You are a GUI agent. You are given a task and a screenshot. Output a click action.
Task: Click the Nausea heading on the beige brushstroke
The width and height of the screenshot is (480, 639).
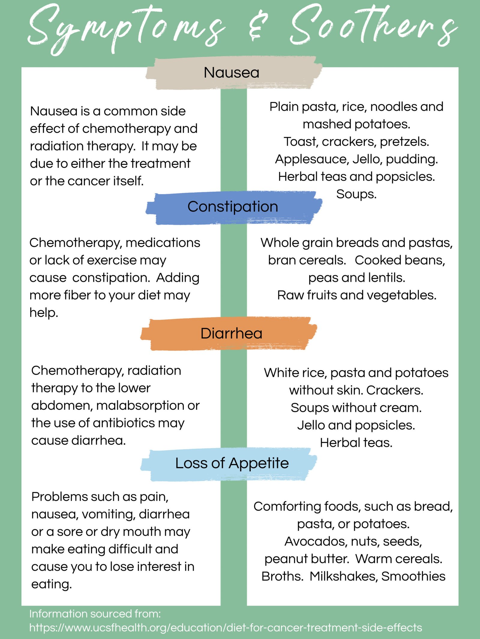(231, 72)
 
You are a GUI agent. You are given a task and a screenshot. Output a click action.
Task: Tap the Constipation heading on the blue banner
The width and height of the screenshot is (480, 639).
(232, 207)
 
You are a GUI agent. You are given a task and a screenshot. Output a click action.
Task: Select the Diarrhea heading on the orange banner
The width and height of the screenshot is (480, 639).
(231, 333)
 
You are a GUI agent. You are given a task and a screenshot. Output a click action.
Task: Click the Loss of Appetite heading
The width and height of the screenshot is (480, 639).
(232, 463)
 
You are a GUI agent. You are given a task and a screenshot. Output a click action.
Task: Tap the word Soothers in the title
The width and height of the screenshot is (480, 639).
(373, 27)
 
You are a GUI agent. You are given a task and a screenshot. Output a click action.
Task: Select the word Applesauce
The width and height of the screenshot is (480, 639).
(312, 159)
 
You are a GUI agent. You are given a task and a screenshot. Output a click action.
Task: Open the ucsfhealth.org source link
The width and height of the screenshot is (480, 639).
(226, 627)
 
